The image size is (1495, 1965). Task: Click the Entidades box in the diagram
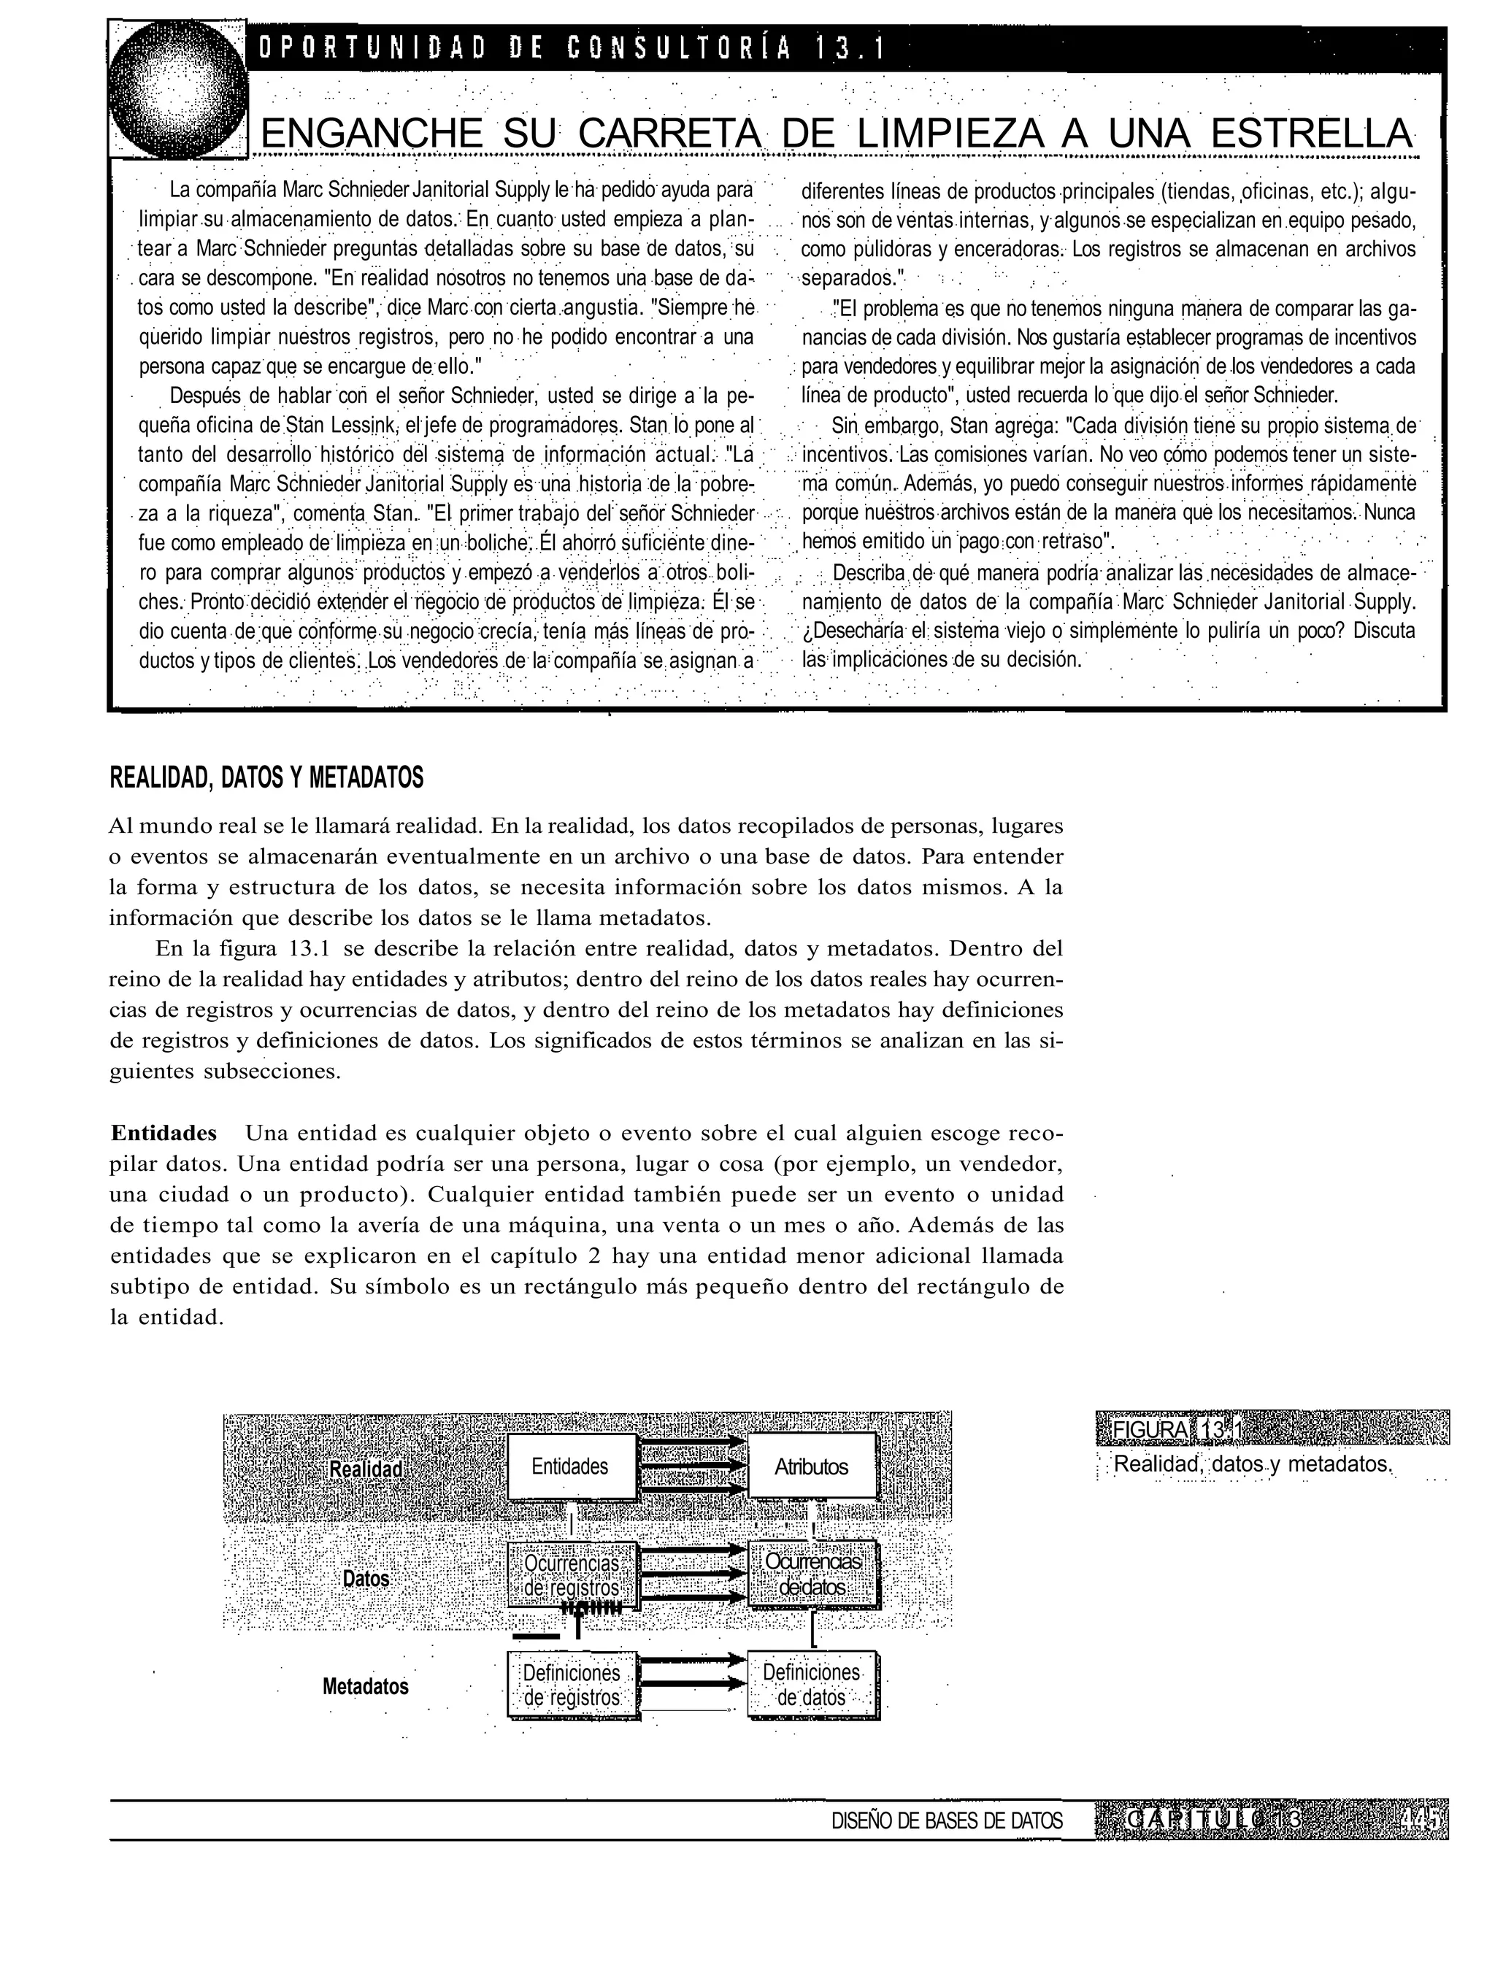[570, 1466]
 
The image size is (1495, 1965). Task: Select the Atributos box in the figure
[811, 1467]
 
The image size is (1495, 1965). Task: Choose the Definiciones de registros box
[572, 1685]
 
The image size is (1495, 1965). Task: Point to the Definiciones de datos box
[812, 1685]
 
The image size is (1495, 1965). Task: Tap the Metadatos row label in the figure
[365, 1686]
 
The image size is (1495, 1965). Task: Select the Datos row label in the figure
[366, 1578]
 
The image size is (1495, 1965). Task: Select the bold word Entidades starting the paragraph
[164, 1133]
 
